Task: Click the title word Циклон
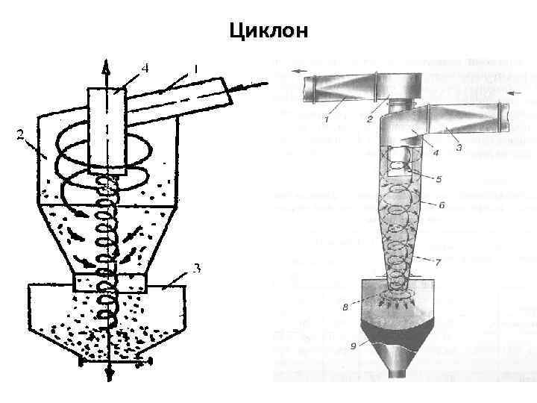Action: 268,30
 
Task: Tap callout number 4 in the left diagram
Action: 145,68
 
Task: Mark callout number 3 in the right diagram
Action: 459,147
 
